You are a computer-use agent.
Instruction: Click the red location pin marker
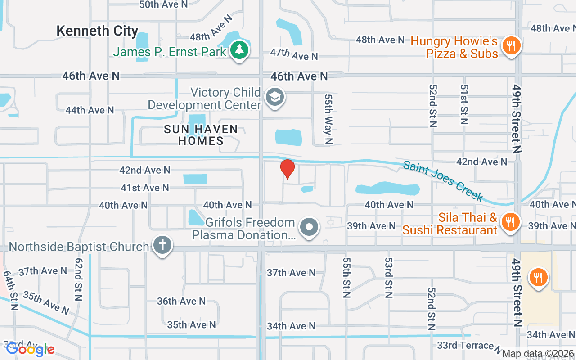288,169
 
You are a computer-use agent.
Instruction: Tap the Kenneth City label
97,31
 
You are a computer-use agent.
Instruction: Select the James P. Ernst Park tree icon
239,50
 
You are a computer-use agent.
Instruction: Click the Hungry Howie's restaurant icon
511,45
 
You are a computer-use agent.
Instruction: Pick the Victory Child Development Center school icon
274,97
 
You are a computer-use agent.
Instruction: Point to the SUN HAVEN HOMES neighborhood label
201,135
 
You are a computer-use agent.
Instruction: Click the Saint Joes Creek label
443,181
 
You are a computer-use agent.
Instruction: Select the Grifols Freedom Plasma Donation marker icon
309,227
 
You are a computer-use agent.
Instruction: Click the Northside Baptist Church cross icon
162,246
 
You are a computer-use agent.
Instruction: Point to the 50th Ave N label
163,4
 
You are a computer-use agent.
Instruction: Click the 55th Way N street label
328,119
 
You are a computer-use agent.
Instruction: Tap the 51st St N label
464,104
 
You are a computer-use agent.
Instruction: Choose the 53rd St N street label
388,277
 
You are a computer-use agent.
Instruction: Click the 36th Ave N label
181,301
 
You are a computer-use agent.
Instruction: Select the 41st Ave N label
145,188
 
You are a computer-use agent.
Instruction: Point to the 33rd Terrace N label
469,346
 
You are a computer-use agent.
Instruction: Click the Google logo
30,349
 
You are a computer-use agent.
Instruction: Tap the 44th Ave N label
90,110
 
